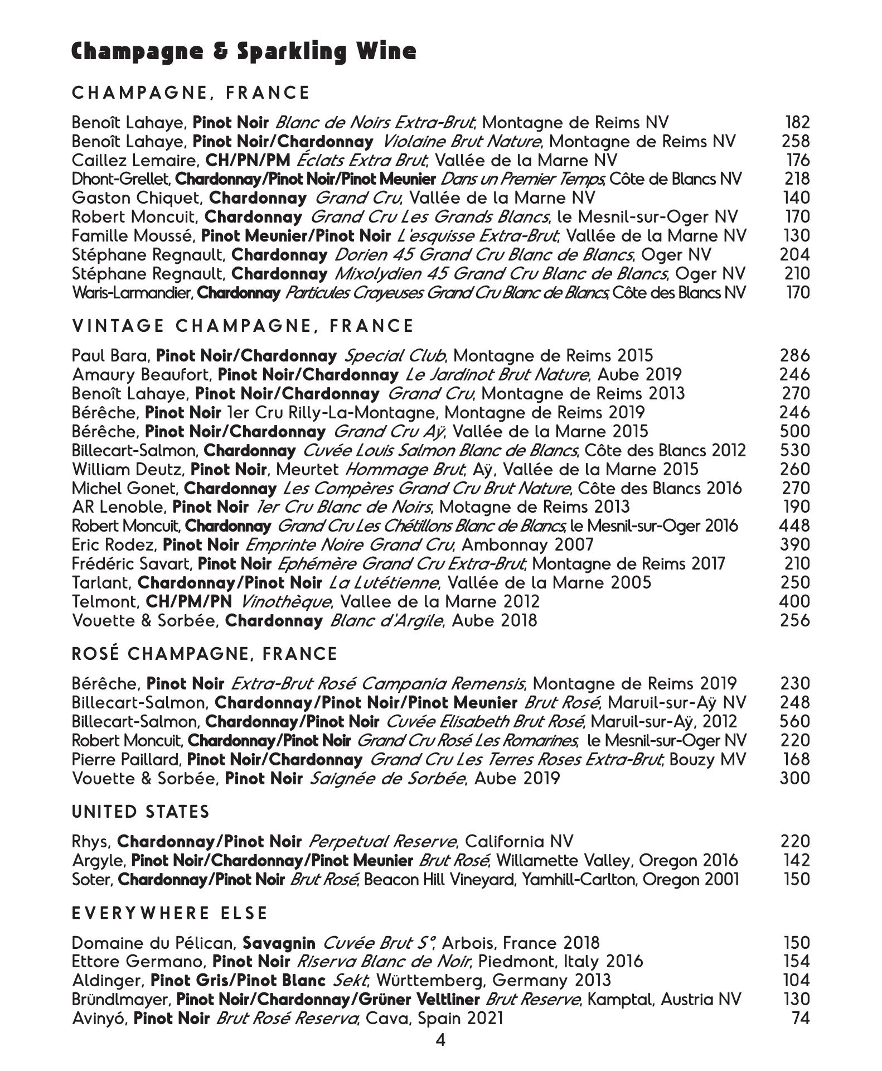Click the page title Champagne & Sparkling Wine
click(244, 51)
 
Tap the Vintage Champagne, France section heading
click(243, 326)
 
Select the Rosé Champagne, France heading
click(205, 654)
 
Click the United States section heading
click(141, 812)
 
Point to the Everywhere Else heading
click(170, 914)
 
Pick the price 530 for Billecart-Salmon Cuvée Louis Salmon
click(794, 450)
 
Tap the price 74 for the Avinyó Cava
click(801, 1019)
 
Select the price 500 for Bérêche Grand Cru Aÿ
click(794, 431)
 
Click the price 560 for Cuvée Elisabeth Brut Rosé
click(794, 721)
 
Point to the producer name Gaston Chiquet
click(137, 198)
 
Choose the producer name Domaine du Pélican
click(153, 943)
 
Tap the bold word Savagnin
click(279, 943)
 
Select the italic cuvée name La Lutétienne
click(384, 583)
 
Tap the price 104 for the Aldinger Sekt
click(796, 981)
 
